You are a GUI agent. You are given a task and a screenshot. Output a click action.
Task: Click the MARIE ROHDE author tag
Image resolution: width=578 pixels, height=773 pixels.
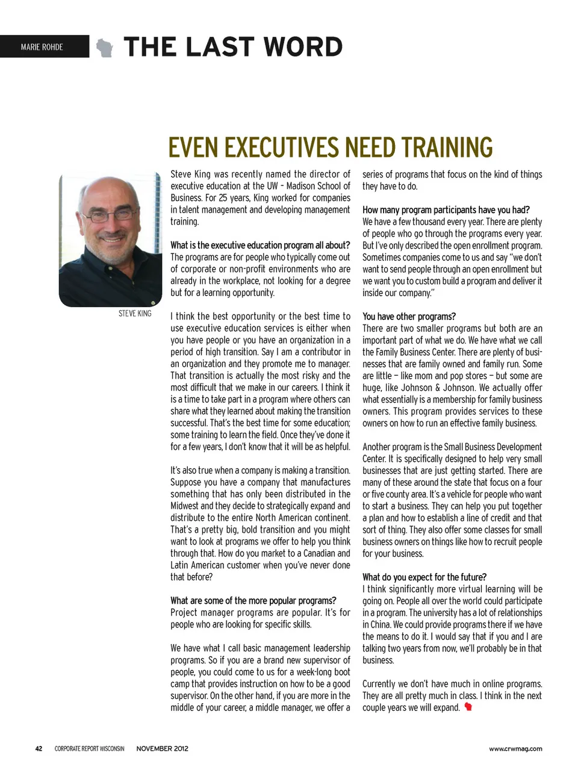(42, 47)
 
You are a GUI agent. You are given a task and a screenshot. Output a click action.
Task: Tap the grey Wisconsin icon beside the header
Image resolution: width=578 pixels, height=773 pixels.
(105, 48)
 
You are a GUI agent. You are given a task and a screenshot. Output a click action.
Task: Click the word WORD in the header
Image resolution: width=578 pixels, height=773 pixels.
(295, 47)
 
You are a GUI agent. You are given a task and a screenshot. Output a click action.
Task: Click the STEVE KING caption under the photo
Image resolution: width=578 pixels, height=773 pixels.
(135, 314)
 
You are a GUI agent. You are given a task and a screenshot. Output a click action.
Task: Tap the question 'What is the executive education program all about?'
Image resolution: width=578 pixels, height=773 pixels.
(259, 245)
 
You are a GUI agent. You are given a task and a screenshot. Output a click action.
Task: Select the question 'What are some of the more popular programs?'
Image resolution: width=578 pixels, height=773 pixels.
(253, 600)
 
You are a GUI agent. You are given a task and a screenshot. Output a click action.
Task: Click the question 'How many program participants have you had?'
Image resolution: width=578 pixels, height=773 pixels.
(446, 210)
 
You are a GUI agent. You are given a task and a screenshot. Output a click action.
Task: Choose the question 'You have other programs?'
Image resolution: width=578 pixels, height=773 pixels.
(409, 316)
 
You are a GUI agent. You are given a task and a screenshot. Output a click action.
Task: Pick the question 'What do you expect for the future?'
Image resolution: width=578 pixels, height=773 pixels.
(424, 577)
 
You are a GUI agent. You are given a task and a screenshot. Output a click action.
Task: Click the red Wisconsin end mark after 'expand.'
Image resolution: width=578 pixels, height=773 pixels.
(468, 707)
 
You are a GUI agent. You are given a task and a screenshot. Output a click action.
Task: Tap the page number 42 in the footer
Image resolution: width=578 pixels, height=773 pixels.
(39, 748)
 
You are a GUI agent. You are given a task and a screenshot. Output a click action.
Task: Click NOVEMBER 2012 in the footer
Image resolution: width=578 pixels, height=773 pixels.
(162, 748)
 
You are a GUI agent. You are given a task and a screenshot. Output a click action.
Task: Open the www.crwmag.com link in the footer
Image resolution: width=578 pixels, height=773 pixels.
(515, 748)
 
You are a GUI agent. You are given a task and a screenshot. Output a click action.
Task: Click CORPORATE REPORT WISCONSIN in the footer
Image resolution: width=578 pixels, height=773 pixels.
(89, 748)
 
